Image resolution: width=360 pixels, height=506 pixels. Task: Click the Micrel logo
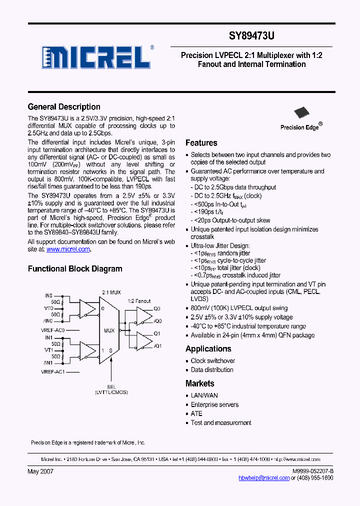click(95, 57)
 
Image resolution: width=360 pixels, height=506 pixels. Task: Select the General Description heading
click(64, 107)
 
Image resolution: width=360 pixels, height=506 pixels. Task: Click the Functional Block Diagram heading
click(75, 269)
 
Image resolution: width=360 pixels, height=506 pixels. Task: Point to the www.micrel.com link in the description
click(68, 249)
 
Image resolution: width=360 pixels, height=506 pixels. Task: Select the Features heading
click(201, 143)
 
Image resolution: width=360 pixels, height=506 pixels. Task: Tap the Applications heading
click(208, 349)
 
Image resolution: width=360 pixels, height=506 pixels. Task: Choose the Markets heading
click(199, 383)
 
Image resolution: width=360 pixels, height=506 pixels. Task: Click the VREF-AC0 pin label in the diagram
click(53, 330)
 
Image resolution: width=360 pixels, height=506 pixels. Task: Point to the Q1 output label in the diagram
click(157, 333)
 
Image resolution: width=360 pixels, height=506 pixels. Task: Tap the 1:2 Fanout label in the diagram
click(139, 301)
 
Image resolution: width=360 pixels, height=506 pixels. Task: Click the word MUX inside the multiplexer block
click(109, 330)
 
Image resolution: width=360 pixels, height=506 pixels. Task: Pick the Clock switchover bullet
click(212, 361)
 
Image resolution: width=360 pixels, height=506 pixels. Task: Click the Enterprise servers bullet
click(214, 405)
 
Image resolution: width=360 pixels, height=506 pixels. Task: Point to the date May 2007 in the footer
click(40, 471)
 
